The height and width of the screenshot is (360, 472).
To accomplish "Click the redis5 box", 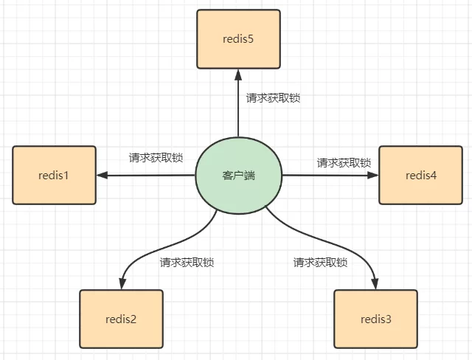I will click(238, 38).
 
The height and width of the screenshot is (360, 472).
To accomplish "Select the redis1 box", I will click(54, 175).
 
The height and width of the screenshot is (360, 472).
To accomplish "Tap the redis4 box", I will click(420, 175).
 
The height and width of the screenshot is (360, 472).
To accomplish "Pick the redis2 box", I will click(121, 319).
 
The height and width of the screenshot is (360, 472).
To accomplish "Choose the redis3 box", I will click(375, 319).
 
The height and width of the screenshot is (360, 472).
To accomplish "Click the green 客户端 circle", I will click(238, 176).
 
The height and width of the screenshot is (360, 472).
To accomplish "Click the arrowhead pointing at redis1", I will click(103, 176).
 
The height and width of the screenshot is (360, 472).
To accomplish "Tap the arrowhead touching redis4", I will click(373, 176).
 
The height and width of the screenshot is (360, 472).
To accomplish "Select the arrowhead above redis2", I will click(121, 284).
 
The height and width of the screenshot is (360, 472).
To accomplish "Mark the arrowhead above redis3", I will click(375, 284).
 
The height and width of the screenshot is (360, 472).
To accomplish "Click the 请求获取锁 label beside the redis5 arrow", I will click(273, 97).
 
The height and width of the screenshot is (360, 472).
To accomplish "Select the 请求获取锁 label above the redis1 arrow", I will click(156, 158).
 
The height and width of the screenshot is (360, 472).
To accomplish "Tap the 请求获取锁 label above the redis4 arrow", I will click(344, 162).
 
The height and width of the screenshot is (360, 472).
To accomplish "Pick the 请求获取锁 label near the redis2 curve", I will click(187, 262).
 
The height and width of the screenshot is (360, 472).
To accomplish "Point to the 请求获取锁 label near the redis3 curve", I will click(320, 262).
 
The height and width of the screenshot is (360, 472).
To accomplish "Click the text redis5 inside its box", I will click(238, 38).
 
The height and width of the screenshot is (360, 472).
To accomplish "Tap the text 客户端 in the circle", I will click(238, 176).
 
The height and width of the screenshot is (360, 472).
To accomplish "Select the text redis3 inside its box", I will click(375, 319).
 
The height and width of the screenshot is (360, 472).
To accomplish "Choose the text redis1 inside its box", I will click(54, 176).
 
